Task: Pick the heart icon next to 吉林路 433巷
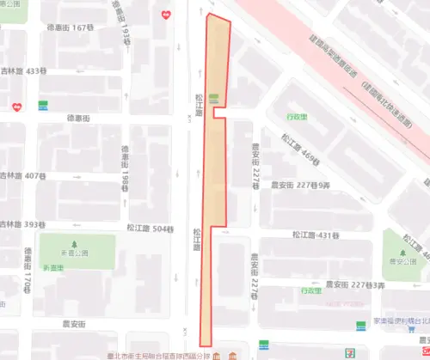tap(16, 107)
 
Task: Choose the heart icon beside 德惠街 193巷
tap(165, 14)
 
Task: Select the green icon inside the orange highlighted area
tap(213, 99)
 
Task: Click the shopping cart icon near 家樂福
tap(361, 325)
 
